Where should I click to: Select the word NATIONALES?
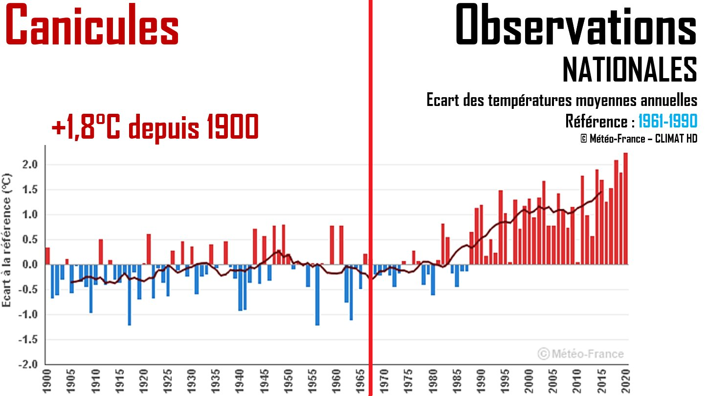click(x=630, y=69)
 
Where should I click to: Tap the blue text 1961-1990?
click(x=667, y=121)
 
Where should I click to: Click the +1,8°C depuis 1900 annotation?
click(x=155, y=128)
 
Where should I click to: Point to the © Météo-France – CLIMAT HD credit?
click(x=639, y=139)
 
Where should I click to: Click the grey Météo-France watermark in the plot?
click(x=581, y=354)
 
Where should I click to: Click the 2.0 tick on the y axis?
click(x=30, y=165)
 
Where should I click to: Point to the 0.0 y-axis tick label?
click(x=30, y=265)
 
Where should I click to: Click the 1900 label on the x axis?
click(x=47, y=381)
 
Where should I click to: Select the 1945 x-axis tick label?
click(x=265, y=381)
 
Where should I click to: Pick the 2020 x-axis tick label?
click(x=625, y=381)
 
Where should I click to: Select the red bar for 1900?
click(x=47, y=256)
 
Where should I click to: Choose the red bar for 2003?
click(x=544, y=223)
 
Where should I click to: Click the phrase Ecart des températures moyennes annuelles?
click(x=562, y=101)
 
